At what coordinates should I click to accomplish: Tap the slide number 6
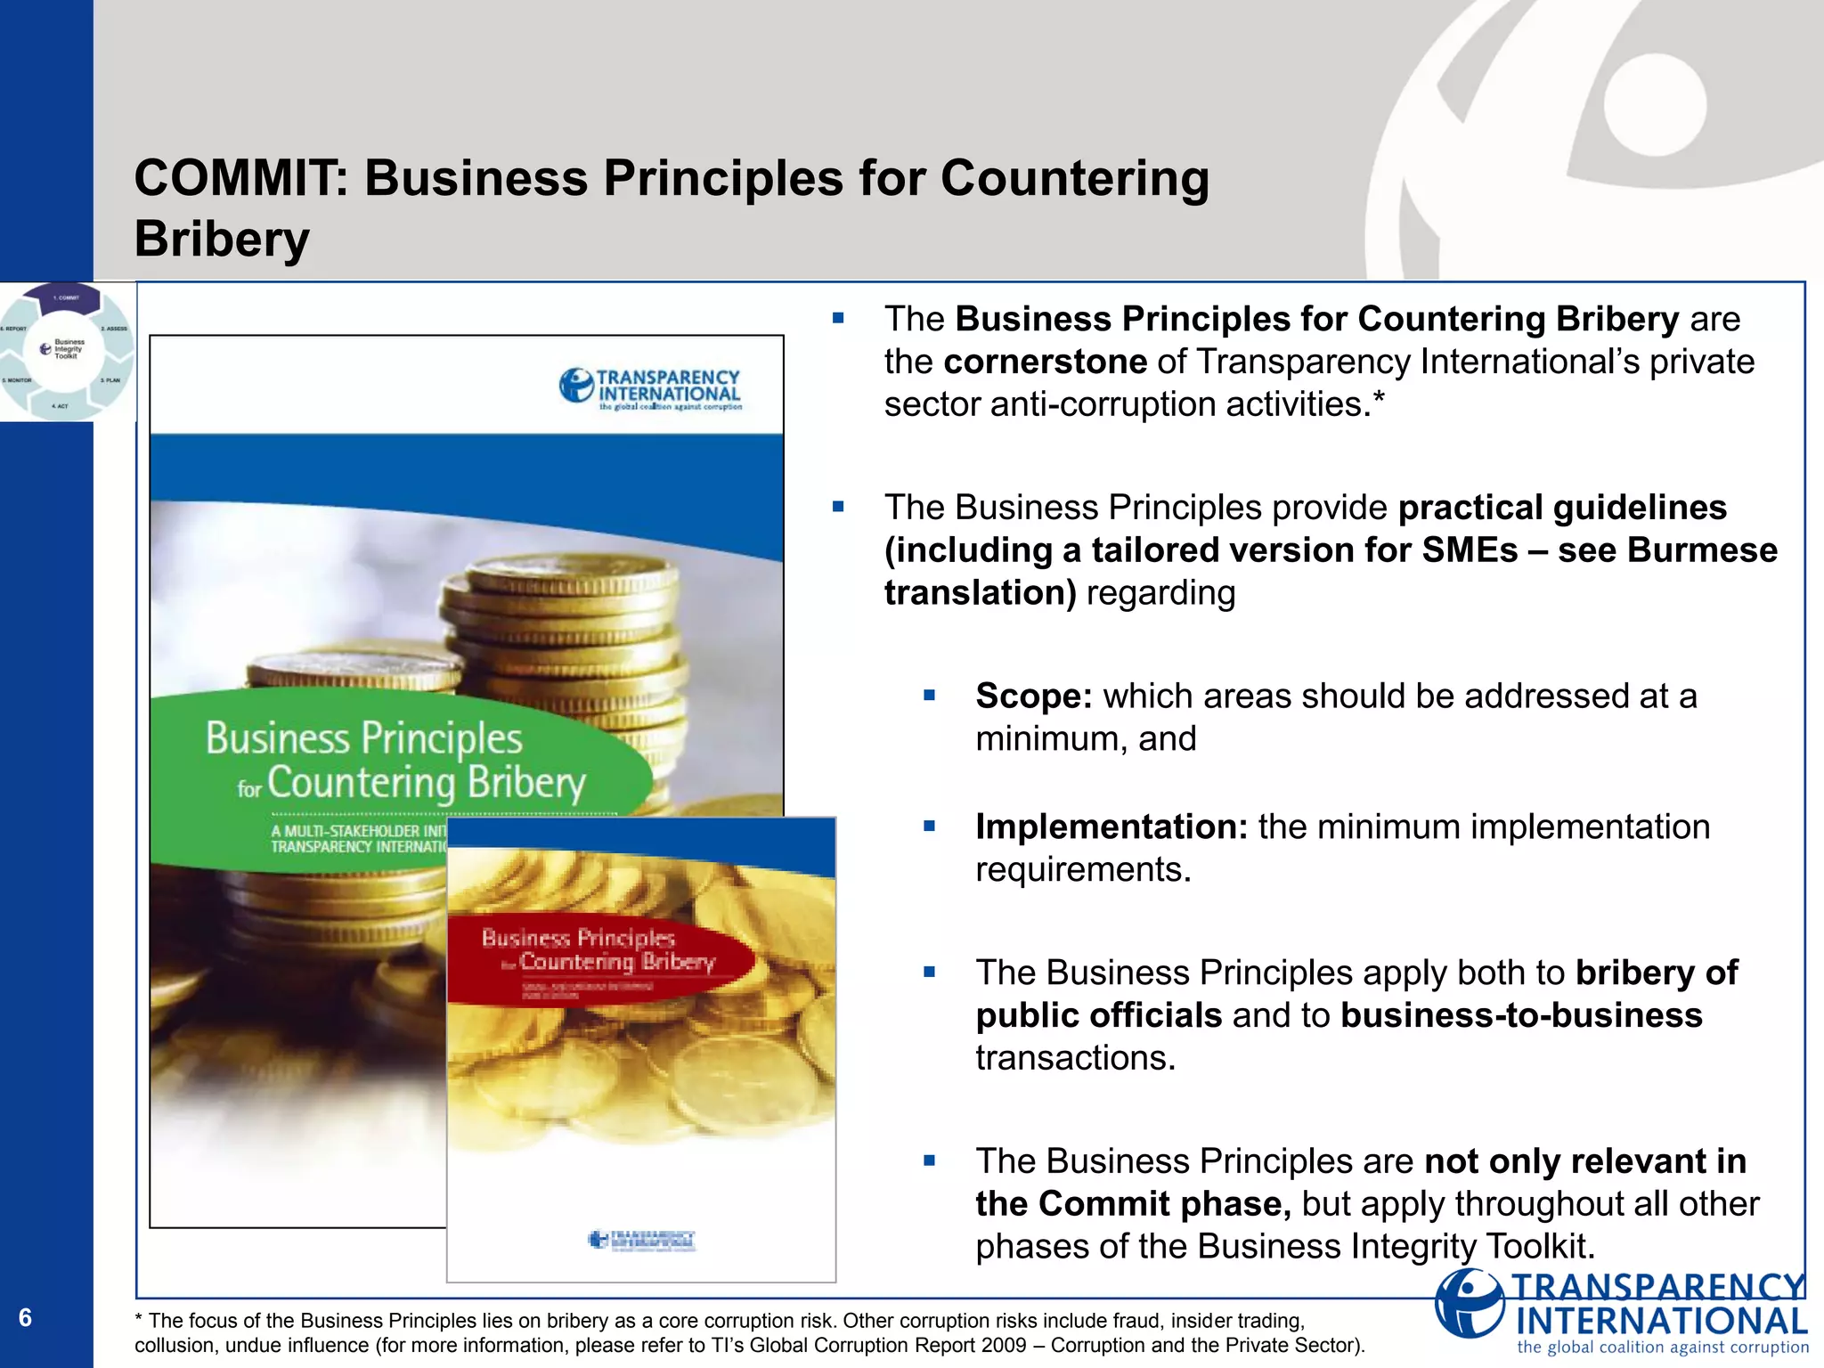pyautogui.click(x=25, y=1317)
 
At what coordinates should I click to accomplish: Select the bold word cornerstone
pyautogui.click(x=1046, y=362)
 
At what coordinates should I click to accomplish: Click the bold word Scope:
pyautogui.click(x=1033, y=696)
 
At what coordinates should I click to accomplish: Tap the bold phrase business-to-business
pyautogui.click(x=1521, y=1015)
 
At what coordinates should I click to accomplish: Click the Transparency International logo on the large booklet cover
pyautogui.click(x=651, y=389)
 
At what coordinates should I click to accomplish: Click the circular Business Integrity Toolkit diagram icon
pyautogui.click(x=67, y=350)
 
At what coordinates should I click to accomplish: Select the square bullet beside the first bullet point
pyautogui.click(x=838, y=318)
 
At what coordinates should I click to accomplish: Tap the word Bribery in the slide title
pyautogui.click(x=222, y=239)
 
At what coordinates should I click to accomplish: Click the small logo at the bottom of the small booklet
pyautogui.click(x=642, y=1239)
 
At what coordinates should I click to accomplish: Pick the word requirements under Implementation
pyautogui.click(x=1083, y=869)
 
